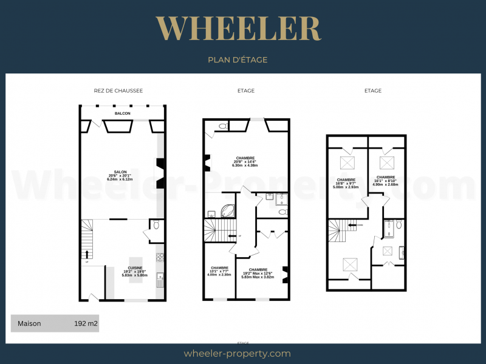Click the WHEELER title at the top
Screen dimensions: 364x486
238,29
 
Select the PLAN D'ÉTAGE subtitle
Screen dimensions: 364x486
238,60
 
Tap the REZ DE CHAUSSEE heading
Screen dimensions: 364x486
118,90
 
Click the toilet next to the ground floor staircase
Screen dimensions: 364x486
157,225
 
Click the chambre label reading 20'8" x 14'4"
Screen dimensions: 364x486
245,161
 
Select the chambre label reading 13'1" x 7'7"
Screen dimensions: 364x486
219,271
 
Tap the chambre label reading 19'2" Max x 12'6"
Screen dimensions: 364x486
258,273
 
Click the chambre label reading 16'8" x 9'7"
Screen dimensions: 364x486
346,183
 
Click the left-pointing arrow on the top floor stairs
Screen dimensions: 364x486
352,224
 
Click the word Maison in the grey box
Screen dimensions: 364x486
29,323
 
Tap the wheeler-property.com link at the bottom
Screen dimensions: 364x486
237,354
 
